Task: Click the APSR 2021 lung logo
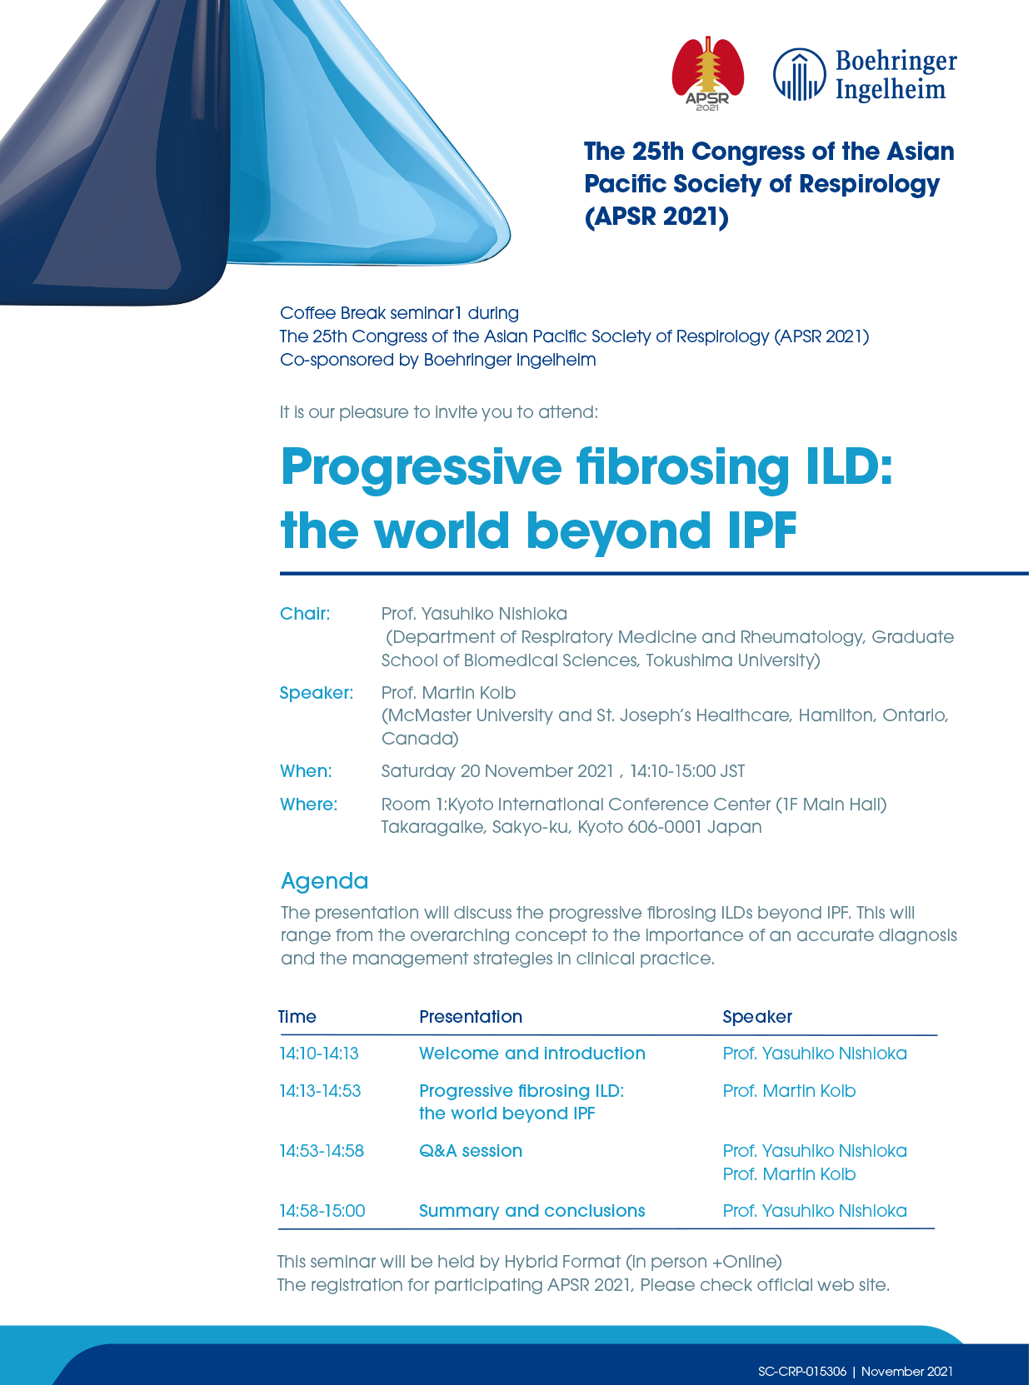707,73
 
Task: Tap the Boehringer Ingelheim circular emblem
800,74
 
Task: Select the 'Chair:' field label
305,613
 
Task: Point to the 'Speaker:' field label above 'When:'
316,692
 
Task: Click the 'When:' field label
306,770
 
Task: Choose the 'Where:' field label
308,804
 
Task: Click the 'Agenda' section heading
324,881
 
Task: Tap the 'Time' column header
297,1017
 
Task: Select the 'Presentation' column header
471,1017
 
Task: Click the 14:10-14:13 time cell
319,1053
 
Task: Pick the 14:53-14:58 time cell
322,1151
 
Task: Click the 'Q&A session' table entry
471,1151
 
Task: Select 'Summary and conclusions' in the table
532,1211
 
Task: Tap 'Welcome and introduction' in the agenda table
532,1053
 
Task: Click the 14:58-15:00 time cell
322,1211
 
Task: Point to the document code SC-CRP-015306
802,1371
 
